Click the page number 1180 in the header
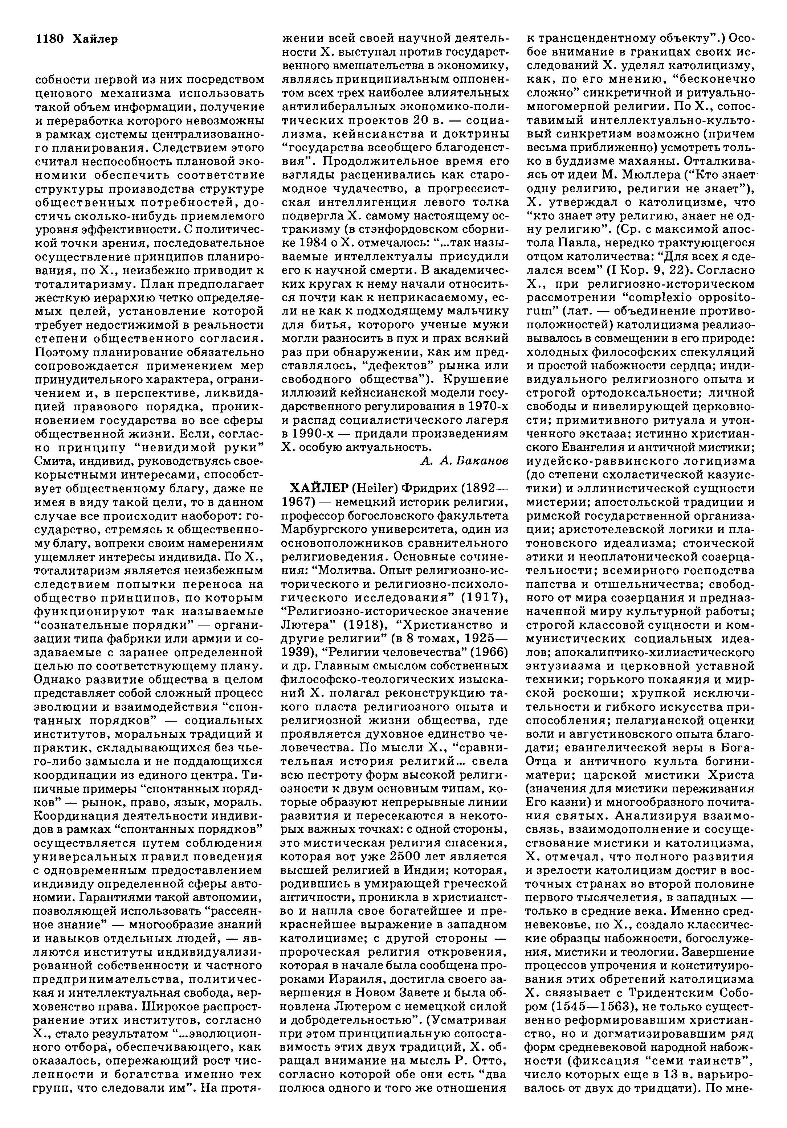pos(50,39)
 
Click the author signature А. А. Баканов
pos(464,460)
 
